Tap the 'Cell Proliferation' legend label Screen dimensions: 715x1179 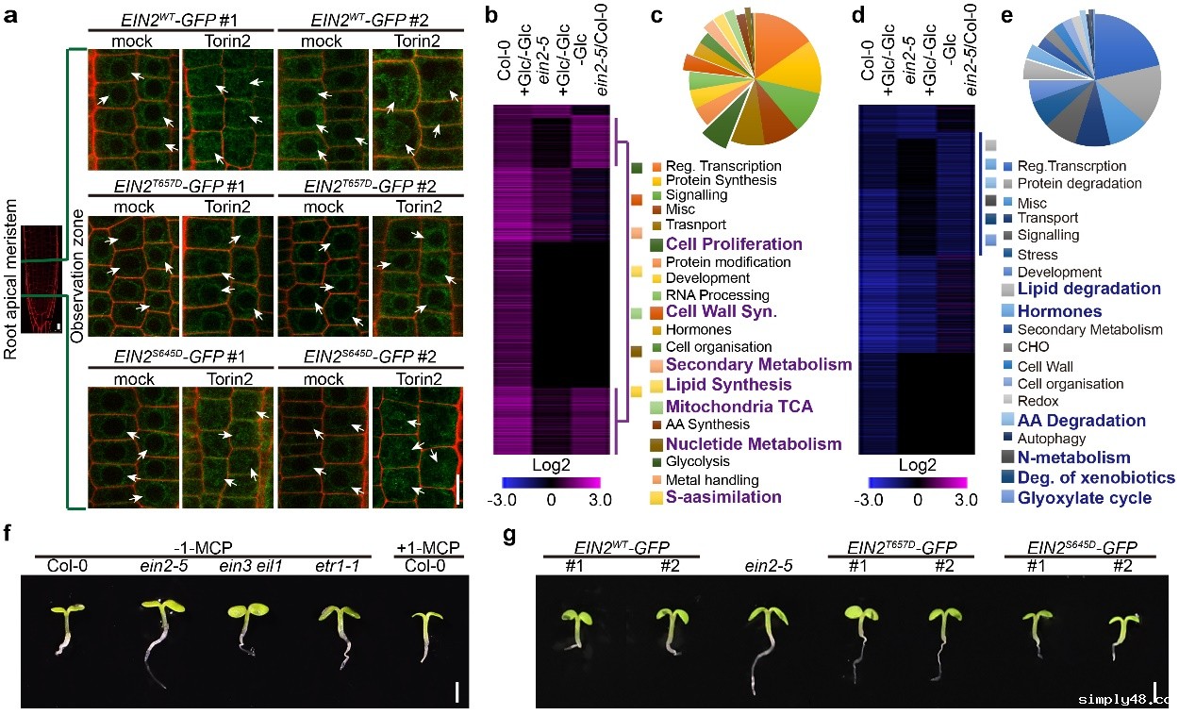[734, 244]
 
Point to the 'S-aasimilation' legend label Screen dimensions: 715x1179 [723, 496]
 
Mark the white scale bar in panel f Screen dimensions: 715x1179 [457, 693]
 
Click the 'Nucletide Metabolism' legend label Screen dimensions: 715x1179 [754, 443]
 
